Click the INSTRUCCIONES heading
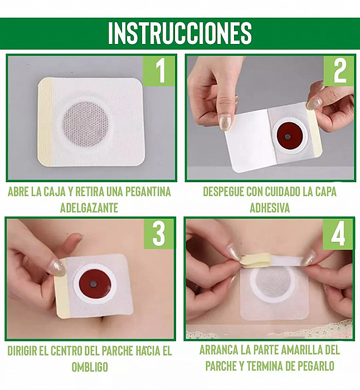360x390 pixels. coord(180,33)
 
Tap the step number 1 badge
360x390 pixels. coord(159,71)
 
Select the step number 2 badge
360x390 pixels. coord(339,71)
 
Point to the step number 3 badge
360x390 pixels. coord(159,234)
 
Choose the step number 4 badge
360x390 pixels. coord(338,235)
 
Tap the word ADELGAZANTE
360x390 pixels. coord(89,208)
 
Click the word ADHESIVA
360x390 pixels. coord(270,208)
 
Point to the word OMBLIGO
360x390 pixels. coord(90,367)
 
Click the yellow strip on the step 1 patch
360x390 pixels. coord(45,123)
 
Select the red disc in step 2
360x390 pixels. coord(288,136)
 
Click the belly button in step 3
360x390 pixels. coord(102,320)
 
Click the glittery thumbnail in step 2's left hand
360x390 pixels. coord(225,122)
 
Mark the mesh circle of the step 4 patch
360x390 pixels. coord(273,282)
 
